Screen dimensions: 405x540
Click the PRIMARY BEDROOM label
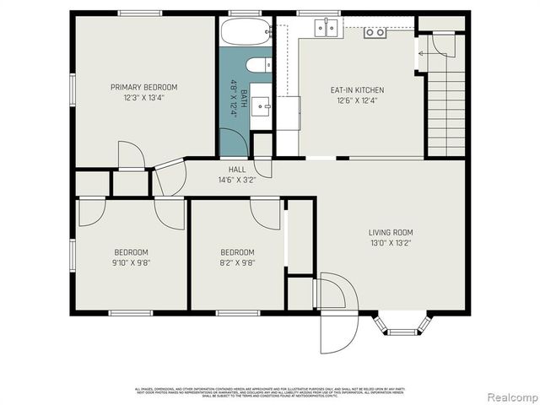pos(143,87)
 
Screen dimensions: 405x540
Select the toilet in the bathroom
pos(256,65)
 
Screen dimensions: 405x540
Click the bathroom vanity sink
pos(261,105)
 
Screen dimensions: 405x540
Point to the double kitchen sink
pos(326,29)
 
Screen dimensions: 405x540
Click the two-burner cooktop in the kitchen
pos(375,33)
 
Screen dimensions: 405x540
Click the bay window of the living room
pos(401,324)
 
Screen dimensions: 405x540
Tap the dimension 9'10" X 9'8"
pos(132,263)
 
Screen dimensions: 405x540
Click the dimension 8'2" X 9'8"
pos(237,263)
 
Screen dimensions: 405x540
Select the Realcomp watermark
pos(510,396)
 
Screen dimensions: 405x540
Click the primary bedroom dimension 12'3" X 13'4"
pos(143,98)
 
